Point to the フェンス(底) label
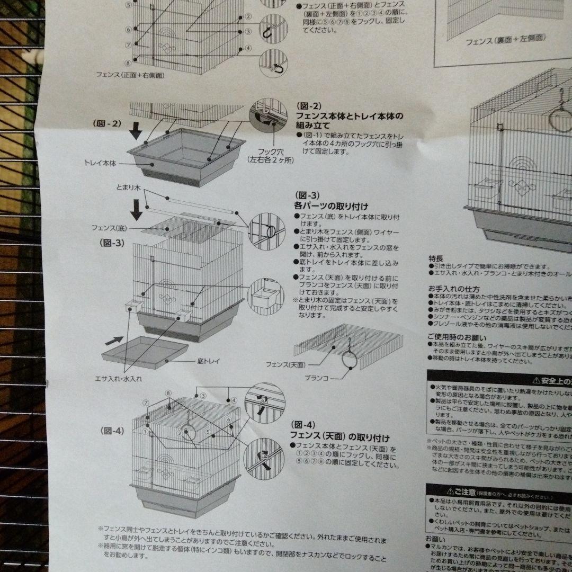pyautogui.click(x=108, y=228)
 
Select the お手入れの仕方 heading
pyautogui.click(x=454, y=289)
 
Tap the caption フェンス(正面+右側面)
pyautogui.click(x=130, y=76)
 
